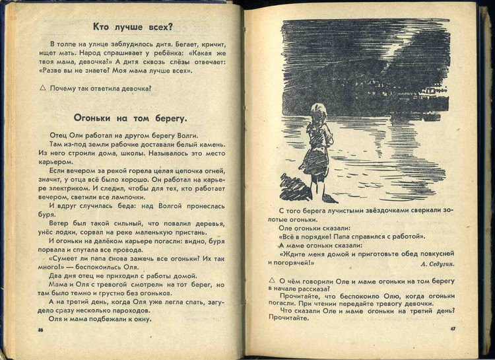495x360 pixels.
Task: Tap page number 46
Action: [x=41, y=330]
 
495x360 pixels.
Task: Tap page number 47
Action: [x=453, y=328]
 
